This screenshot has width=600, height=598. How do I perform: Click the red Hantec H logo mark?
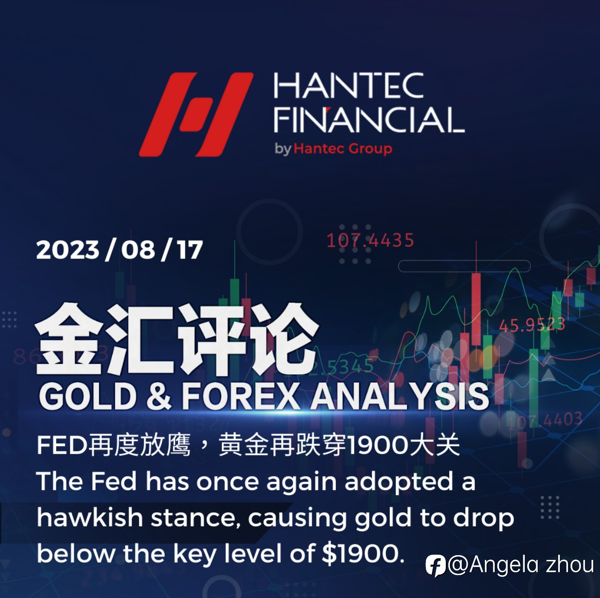point(196,114)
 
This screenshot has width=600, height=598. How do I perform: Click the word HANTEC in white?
point(349,85)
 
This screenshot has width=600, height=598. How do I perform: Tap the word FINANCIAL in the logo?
point(369,120)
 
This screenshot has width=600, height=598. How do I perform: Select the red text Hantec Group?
point(343,149)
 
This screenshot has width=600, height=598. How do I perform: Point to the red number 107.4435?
point(370,240)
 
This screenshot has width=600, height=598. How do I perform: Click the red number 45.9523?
point(532,325)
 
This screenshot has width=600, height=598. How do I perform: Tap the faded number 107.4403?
point(545,419)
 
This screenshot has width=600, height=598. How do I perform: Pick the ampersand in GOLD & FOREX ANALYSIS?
point(159,397)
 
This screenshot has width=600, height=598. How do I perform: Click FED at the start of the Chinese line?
point(62,446)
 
